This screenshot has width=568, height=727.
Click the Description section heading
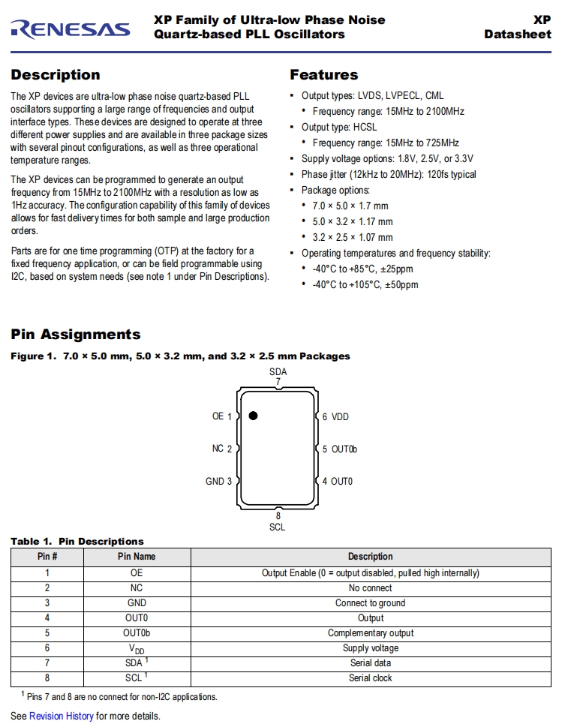[x=55, y=75]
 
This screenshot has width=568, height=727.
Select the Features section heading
[x=323, y=75]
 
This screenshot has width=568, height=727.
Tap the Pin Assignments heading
[x=75, y=335]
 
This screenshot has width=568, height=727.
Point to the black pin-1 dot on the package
[x=253, y=416]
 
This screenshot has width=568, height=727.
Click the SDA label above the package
[x=278, y=371]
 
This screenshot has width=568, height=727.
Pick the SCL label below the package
[x=278, y=527]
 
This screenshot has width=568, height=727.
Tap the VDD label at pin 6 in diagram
[x=340, y=416]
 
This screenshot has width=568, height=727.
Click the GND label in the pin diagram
[x=214, y=481]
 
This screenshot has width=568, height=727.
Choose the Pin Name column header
[x=137, y=557]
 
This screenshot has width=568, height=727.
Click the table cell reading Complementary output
[x=370, y=633]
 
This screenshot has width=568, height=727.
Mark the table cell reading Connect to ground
[x=370, y=603]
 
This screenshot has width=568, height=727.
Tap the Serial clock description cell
[x=370, y=678]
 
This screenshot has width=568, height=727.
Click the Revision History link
[x=62, y=716]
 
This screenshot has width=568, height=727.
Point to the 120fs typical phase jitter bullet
[x=389, y=175]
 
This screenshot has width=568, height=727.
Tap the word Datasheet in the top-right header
[x=517, y=34]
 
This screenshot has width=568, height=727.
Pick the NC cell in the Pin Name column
[x=137, y=588]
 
